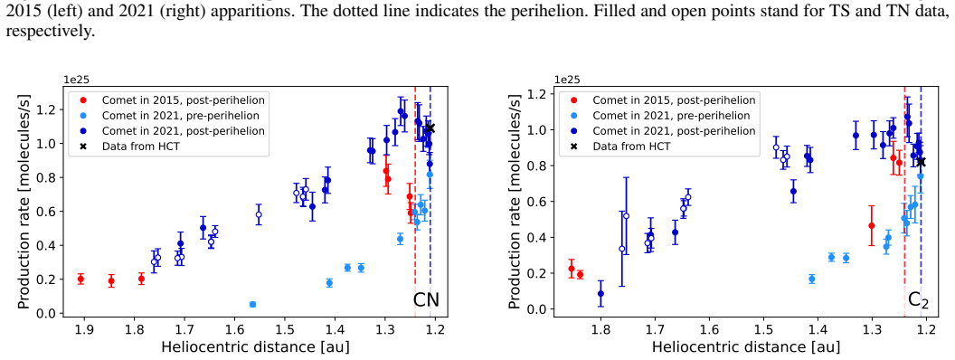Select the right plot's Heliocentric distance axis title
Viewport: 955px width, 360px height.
pyautogui.click(x=745, y=347)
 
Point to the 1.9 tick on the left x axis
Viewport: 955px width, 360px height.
pyautogui.click(x=84, y=330)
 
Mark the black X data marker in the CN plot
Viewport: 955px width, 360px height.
pyautogui.click(x=430, y=128)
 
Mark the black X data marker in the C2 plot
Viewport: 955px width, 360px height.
pyautogui.click(x=921, y=161)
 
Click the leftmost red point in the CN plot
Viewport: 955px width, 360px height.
pyautogui.click(x=81, y=279)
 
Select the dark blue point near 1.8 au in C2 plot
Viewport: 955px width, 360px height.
pyautogui.click(x=601, y=294)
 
